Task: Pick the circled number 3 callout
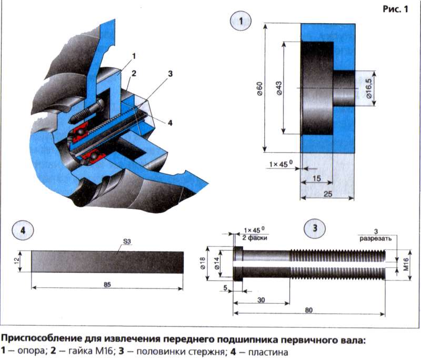[x=315, y=228]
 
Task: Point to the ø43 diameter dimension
[x=279, y=89]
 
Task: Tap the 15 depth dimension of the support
[x=316, y=179]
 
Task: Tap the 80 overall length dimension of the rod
[x=309, y=310]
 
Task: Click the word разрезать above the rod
[x=375, y=238]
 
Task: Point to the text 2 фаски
[x=255, y=238]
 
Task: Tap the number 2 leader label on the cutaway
[x=134, y=73]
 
